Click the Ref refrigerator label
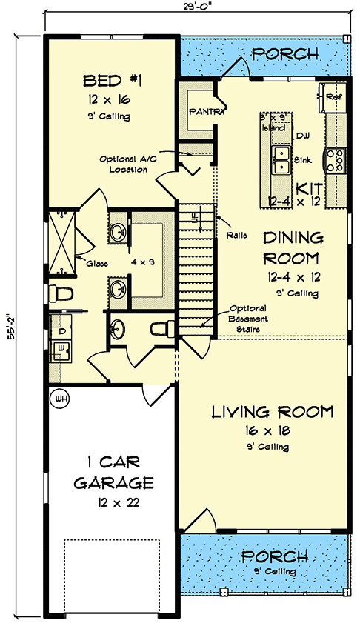pyautogui.click(x=334, y=96)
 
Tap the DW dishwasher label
pyautogui.click(x=302, y=136)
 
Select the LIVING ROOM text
pyautogui.click(x=272, y=412)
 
